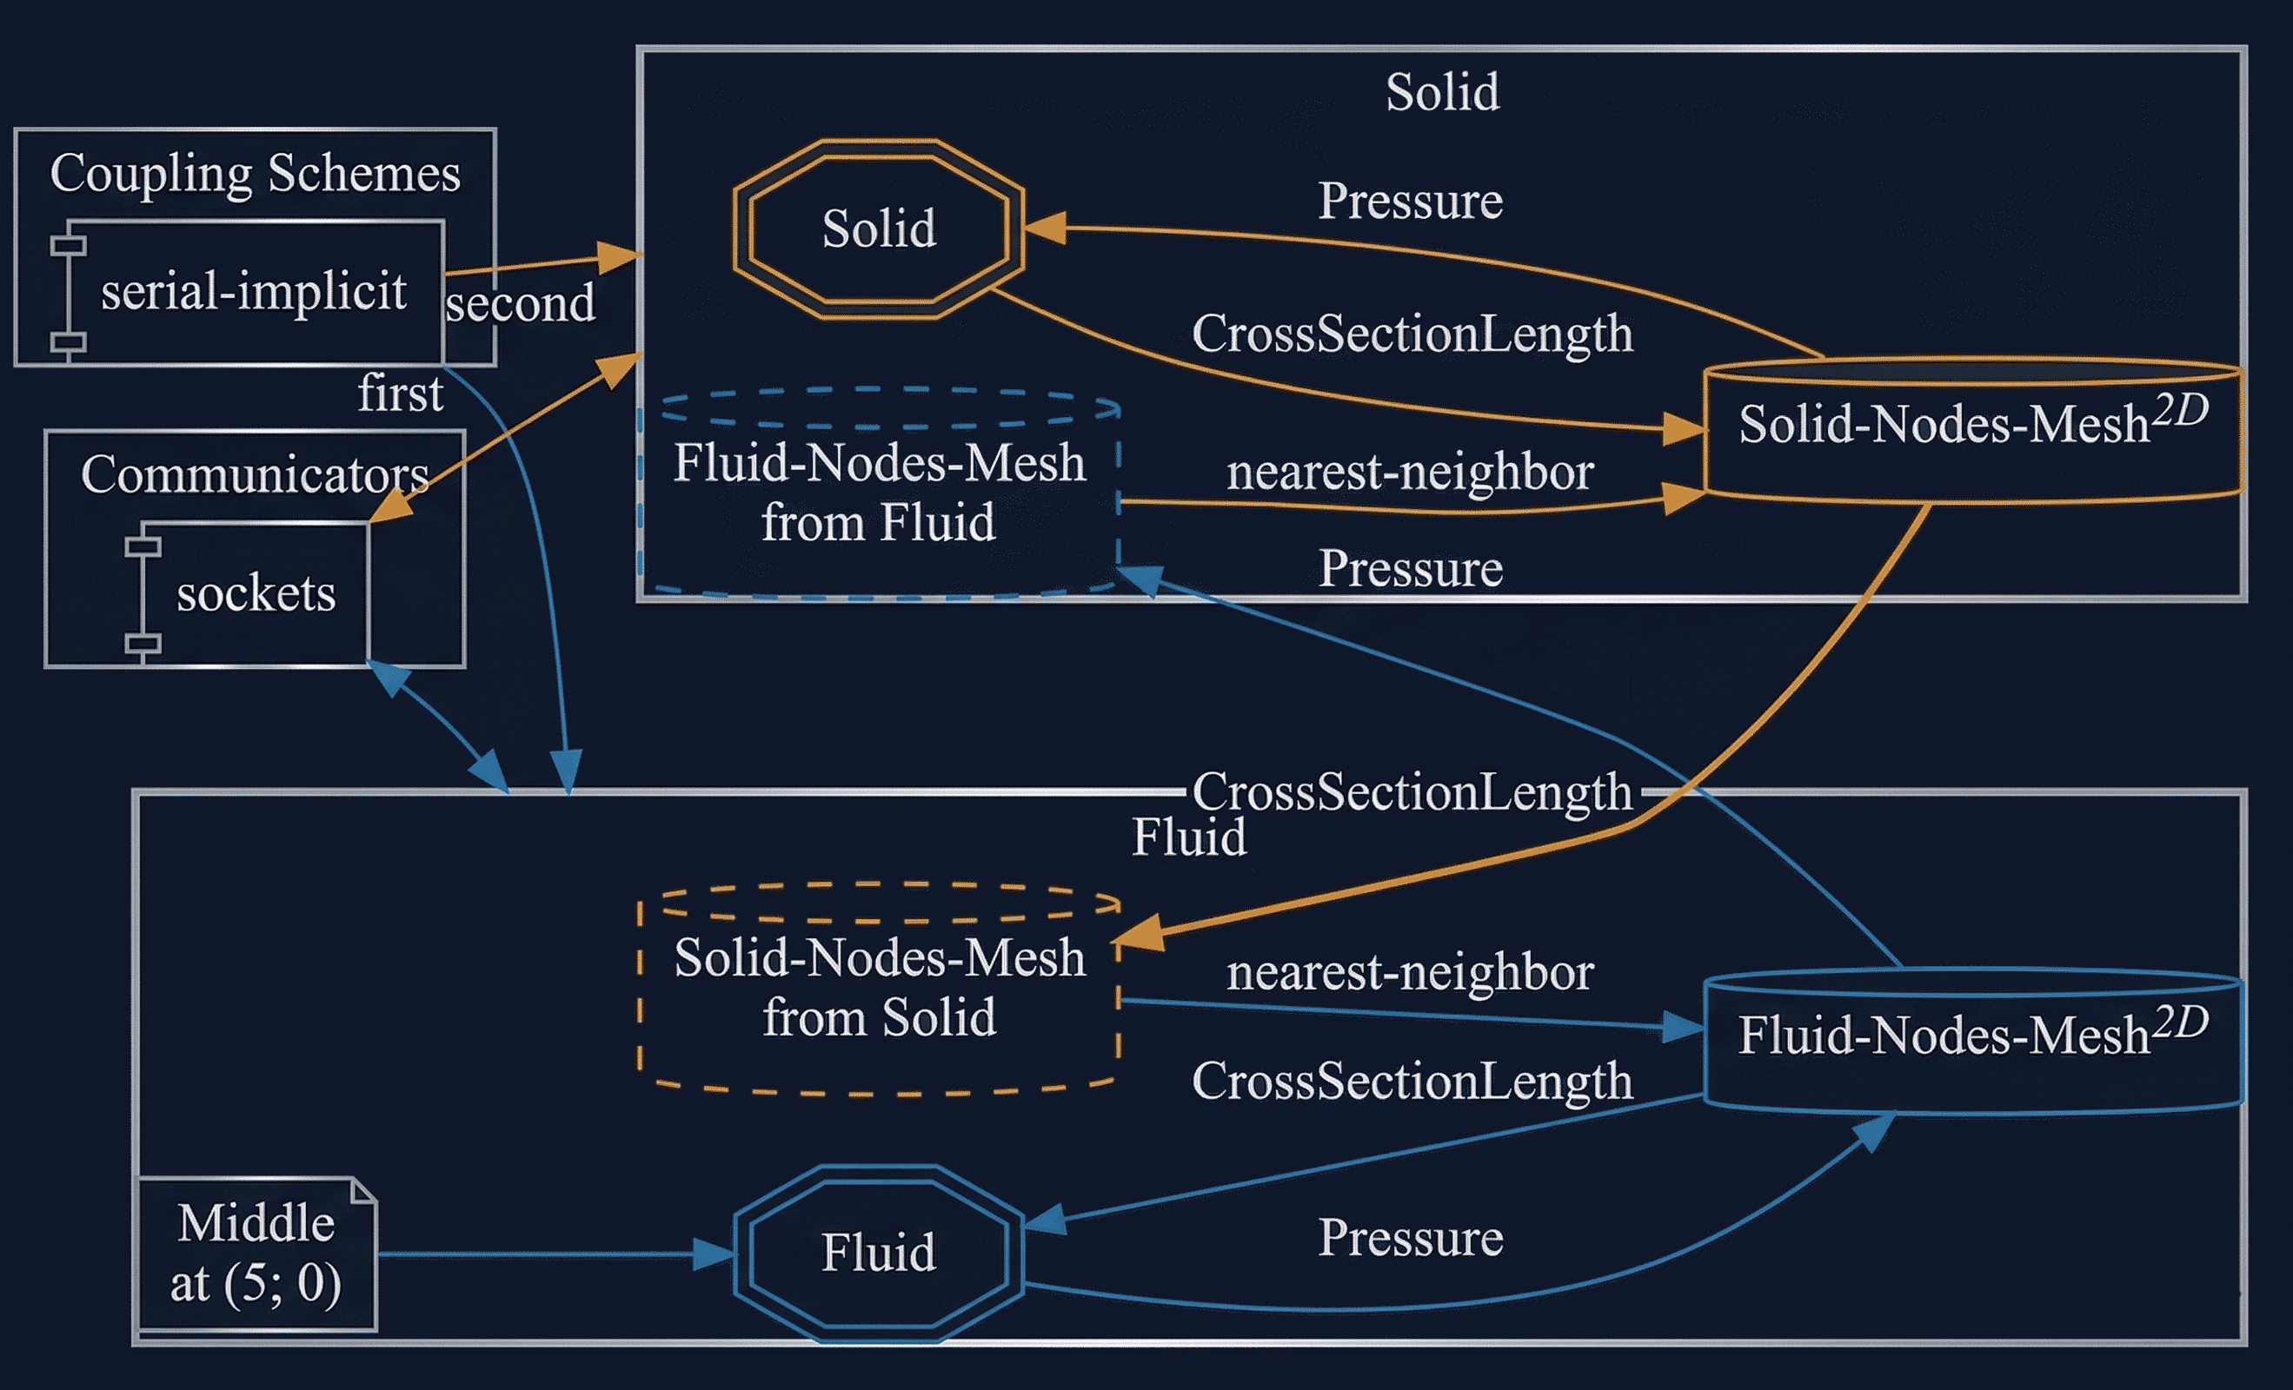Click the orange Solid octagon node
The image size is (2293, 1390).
point(879,228)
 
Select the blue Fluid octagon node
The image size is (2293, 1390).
point(879,1252)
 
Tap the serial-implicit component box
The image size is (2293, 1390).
point(253,292)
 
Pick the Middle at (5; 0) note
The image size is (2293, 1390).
point(256,1254)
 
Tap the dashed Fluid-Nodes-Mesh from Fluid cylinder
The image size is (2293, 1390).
point(879,493)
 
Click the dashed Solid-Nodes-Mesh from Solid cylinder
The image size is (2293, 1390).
point(879,988)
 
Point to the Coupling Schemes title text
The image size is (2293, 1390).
point(255,173)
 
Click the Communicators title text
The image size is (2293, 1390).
point(254,474)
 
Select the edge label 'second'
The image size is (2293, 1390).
point(520,303)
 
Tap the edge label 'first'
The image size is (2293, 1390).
point(400,393)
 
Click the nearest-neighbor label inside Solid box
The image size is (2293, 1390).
point(1410,472)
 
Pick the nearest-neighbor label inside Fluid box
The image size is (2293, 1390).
point(1410,972)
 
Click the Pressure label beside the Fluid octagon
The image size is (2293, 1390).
point(1410,1238)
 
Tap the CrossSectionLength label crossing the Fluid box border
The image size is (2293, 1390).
point(1412,791)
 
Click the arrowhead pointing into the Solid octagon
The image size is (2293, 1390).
point(1044,228)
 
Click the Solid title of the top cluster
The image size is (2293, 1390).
point(1442,92)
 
